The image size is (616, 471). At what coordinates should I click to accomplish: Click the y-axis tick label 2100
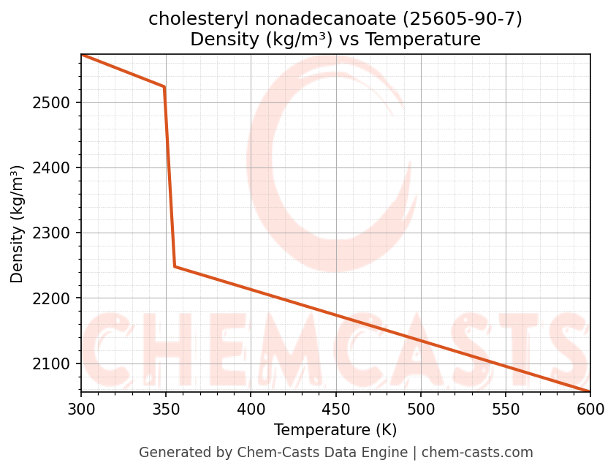click(51, 364)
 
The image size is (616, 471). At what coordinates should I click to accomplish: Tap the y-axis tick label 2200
click(51, 298)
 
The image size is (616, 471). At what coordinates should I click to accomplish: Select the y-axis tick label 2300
click(51, 233)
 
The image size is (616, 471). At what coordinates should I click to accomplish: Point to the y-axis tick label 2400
click(51, 168)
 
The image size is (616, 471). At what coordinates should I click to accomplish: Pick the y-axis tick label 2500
click(51, 102)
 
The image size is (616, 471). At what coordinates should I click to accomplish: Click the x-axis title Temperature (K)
click(335, 430)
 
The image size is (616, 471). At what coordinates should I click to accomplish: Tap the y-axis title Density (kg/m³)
click(17, 224)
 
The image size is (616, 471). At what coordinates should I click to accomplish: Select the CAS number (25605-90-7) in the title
click(457, 19)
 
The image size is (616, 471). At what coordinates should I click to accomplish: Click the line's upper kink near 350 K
click(164, 87)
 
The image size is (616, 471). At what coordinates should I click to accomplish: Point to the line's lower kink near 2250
click(175, 266)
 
